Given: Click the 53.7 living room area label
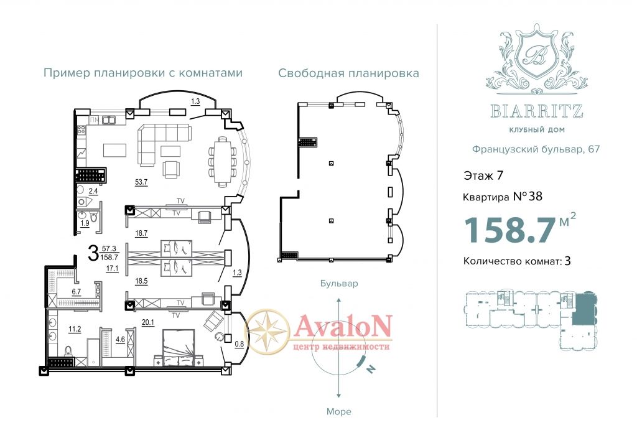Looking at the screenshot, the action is (141, 182).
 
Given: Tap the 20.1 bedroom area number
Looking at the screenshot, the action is (148, 322).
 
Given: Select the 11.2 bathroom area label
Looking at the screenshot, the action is (75, 329).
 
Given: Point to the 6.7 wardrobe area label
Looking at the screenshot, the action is (77, 291).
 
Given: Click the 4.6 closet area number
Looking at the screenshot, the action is (120, 340).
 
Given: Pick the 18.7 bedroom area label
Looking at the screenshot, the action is (141, 233).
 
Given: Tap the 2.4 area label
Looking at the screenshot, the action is (93, 190).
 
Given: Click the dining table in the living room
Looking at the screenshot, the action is (223, 161).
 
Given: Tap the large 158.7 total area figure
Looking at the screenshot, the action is (510, 230).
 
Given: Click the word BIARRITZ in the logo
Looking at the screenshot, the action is (537, 111).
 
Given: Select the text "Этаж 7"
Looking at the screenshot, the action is (483, 175).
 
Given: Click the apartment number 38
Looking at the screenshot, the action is (536, 197).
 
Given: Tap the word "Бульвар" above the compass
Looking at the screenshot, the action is (339, 283).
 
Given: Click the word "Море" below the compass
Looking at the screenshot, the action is (339, 412).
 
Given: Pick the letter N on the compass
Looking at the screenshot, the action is (370, 369).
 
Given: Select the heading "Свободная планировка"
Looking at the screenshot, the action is (348, 73).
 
